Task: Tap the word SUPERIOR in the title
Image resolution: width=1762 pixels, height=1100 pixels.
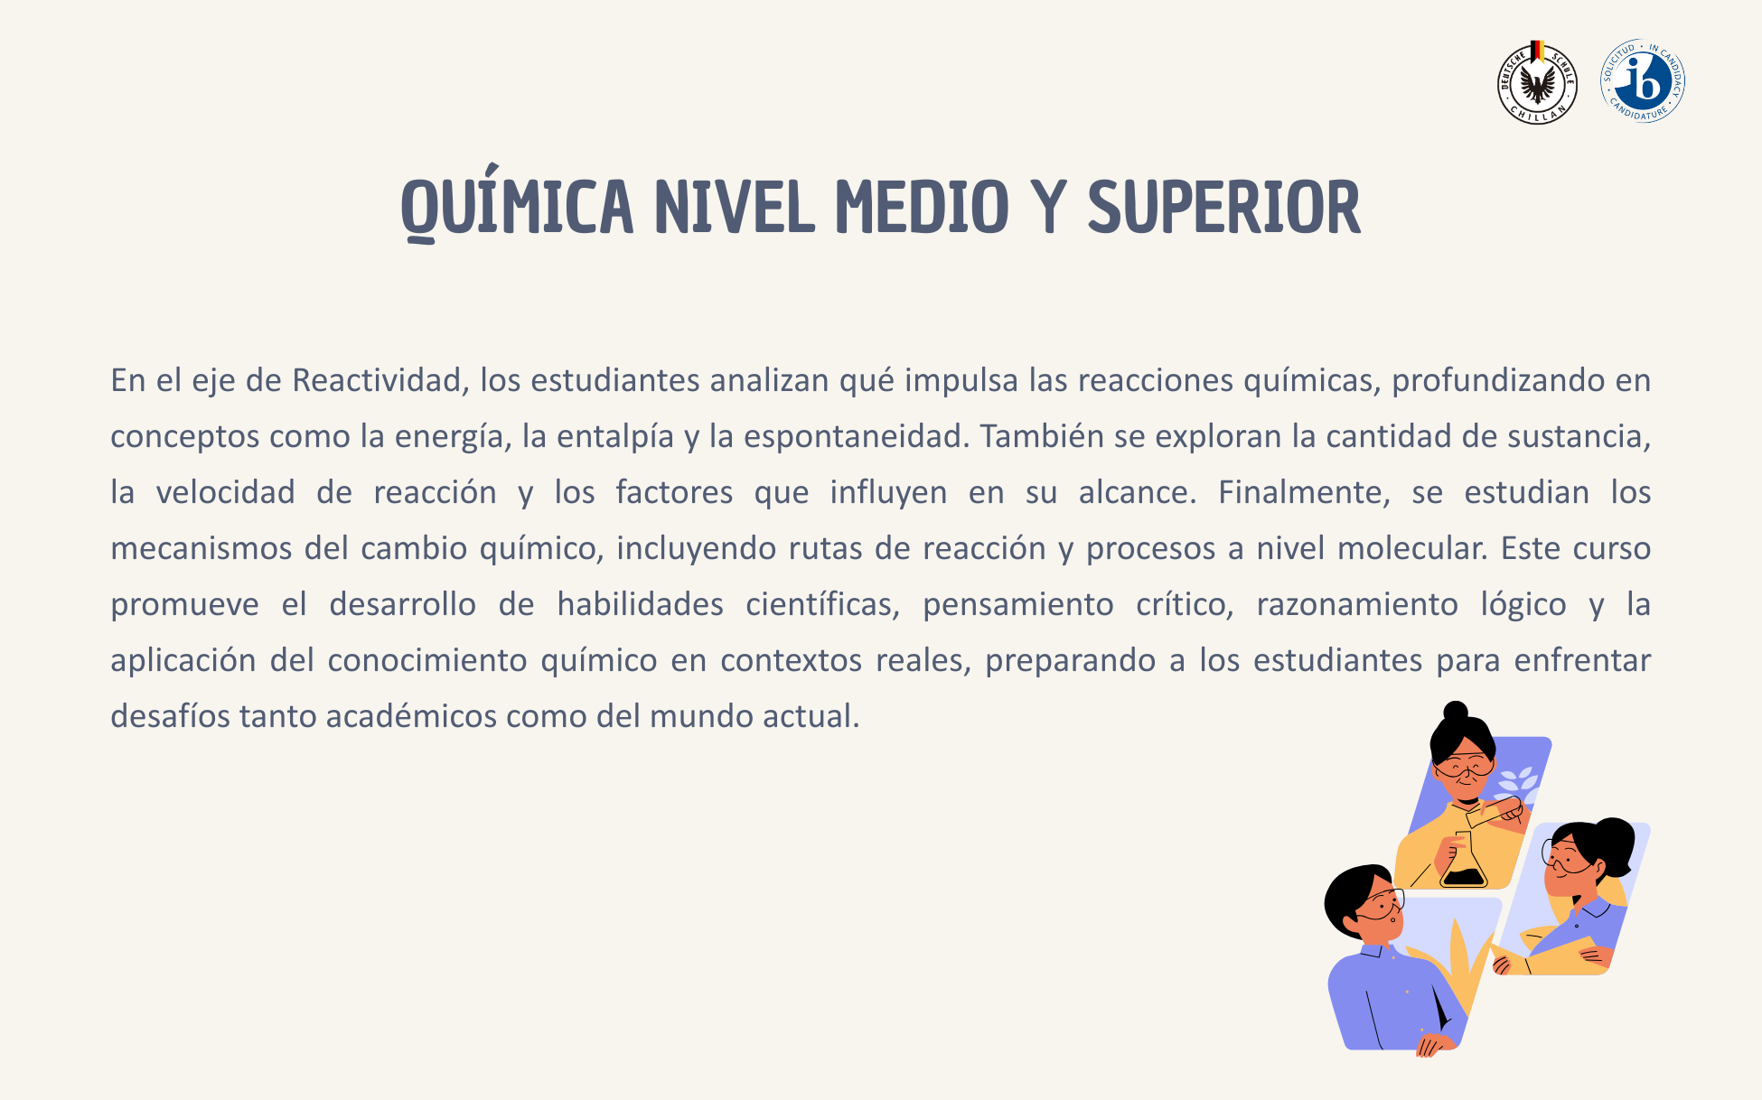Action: [1224, 208]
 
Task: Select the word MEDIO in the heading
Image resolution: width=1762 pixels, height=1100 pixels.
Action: [922, 208]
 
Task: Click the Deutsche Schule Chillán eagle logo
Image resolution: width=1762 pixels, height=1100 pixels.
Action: [1537, 83]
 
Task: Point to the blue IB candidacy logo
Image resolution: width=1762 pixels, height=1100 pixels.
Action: [1643, 81]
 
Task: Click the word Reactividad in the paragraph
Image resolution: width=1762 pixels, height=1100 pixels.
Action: [380, 380]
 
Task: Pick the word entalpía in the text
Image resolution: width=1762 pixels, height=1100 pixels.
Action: [615, 437]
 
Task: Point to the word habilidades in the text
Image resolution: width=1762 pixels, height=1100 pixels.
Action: [640, 604]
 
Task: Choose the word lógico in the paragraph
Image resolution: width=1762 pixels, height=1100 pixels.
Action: [1523, 605]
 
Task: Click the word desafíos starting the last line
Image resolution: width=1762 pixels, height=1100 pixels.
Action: [171, 716]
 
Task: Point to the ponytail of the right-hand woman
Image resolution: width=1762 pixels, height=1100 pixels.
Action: [1614, 844]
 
